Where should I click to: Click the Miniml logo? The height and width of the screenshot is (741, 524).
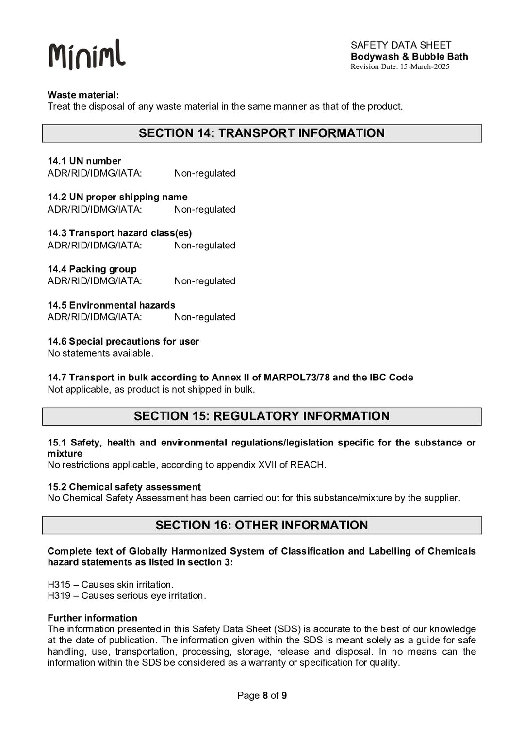[x=87, y=54]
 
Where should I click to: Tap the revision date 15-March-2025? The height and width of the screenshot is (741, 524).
[x=424, y=67]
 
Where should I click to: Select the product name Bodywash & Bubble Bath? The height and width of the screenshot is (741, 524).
[x=409, y=56]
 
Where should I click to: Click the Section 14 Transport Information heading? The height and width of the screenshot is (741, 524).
[x=262, y=133]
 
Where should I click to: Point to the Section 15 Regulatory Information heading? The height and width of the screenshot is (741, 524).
[x=262, y=416]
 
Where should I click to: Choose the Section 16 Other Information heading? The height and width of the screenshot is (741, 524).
[x=262, y=525]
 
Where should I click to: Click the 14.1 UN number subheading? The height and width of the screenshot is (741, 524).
[x=84, y=161]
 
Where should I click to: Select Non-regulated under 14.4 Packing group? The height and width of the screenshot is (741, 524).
[x=205, y=281]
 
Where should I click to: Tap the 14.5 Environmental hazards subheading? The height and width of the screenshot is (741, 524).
[x=111, y=305]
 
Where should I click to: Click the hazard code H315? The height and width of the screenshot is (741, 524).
[x=59, y=585]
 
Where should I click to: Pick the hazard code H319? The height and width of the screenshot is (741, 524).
[x=59, y=596]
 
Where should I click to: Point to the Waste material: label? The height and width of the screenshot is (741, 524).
[x=83, y=95]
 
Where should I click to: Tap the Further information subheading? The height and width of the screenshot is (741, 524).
[x=92, y=618]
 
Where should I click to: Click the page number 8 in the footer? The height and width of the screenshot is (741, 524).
[x=265, y=695]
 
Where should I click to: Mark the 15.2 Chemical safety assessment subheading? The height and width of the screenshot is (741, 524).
[x=124, y=487]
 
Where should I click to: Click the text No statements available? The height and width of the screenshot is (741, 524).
[x=100, y=353]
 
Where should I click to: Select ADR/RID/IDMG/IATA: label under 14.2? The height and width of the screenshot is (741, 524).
[x=95, y=209]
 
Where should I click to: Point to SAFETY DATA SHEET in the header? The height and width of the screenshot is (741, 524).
[x=401, y=45]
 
